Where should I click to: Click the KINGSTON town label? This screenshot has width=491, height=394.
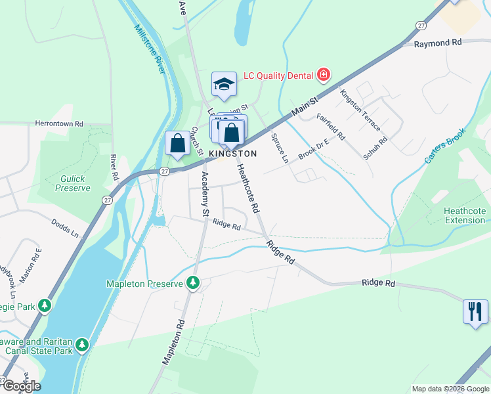pos(232,153)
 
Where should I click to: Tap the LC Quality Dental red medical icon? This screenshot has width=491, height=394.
pos(323,76)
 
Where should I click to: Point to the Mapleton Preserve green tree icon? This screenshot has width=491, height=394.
pos(193,283)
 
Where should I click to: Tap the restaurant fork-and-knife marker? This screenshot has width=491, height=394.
pos(475,311)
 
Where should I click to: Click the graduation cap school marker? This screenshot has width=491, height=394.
pos(224,84)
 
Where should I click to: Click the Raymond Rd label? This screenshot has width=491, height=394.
pos(438,43)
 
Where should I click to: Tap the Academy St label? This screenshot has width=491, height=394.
pos(204,194)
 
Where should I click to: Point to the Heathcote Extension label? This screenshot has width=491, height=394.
pos(465,215)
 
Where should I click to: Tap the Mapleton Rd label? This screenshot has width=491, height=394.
pos(174,342)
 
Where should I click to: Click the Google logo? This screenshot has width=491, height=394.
pos(21,386)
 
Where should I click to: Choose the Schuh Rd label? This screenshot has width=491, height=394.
pos(375,149)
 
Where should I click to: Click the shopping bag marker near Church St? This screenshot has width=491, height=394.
pos(178,143)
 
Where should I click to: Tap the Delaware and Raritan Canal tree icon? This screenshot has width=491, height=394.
pos(81,344)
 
